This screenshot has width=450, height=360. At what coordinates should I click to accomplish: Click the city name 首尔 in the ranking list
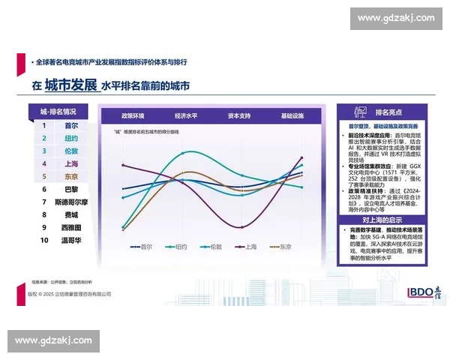(71, 126)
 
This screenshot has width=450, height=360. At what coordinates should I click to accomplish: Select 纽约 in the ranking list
(71, 139)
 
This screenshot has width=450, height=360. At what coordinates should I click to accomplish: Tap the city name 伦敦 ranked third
(71, 151)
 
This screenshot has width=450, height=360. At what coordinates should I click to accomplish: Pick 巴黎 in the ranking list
(71, 190)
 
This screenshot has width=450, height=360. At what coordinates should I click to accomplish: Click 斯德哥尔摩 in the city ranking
(71, 202)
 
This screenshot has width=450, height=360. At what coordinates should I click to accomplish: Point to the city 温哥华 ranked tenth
(71, 241)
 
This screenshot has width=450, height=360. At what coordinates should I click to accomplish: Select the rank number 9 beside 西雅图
(44, 228)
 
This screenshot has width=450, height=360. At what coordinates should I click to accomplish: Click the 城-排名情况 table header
(58, 112)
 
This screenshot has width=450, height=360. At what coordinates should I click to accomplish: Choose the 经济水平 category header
(187, 116)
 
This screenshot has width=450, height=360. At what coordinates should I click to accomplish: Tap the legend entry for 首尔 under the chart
(140, 246)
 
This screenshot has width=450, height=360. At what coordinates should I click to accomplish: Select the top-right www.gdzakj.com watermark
(392, 17)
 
